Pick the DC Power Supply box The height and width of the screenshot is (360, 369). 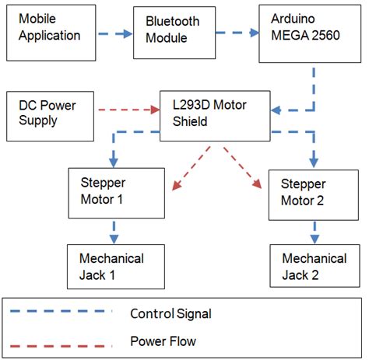point(49,111)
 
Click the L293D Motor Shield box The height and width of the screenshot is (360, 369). point(214,111)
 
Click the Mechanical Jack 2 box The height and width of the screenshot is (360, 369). point(315,266)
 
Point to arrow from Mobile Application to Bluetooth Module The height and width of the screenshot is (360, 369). point(115,33)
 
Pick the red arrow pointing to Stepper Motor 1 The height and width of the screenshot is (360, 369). point(192,169)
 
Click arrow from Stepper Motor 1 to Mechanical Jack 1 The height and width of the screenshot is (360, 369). point(114,231)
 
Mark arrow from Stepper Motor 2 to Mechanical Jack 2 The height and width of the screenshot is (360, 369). point(315,231)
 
